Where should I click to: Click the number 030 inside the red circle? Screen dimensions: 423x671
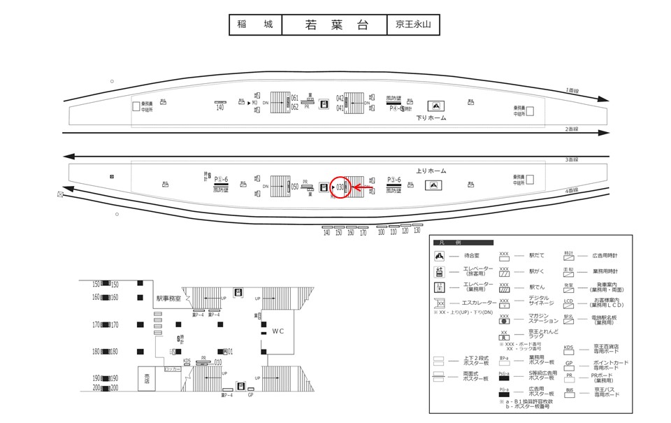click(x=340, y=187)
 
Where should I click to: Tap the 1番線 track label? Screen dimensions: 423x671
click(x=572, y=91)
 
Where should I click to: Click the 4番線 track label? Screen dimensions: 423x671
click(x=572, y=190)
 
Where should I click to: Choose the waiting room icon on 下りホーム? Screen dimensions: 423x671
click(x=435, y=106)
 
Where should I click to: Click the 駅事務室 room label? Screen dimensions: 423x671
click(x=168, y=299)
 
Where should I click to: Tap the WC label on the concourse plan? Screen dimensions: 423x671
click(x=278, y=330)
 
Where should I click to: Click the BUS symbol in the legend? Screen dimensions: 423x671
click(x=569, y=390)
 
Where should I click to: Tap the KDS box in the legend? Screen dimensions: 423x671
click(x=568, y=347)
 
